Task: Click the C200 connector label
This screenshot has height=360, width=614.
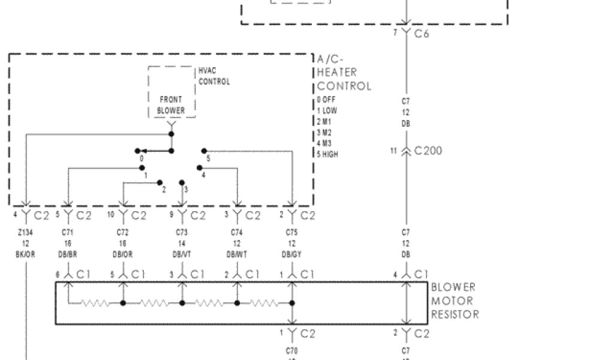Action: click(x=428, y=151)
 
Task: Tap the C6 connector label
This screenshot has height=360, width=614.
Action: click(x=422, y=34)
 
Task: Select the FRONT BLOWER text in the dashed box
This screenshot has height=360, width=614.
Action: click(x=171, y=105)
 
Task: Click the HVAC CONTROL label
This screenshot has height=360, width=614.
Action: click(x=214, y=76)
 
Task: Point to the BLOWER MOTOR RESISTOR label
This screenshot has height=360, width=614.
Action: click(x=454, y=301)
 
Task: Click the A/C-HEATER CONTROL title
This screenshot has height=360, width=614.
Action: click(x=344, y=73)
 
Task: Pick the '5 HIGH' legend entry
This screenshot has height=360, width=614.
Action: click(x=327, y=154)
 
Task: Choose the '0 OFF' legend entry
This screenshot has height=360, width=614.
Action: click(x=326, y=100)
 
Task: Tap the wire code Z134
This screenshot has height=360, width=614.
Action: click(x=25, y=232)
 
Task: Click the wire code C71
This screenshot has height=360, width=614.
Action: click(x=67, y=232)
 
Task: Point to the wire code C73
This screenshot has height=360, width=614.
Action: click(x=182, y=232)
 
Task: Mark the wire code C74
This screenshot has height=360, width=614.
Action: click(x=237, y=232)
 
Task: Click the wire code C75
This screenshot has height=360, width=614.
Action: click(x=292, y=232)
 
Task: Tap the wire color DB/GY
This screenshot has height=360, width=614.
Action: click(x=292, y=254)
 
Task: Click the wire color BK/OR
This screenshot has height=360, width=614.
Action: click(x=25, y=254)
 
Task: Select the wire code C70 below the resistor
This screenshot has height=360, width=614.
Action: click(x=292, y=350)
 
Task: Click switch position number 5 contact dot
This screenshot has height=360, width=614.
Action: click(x=204, y=151)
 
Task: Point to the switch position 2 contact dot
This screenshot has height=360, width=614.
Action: click(x=159, y=182)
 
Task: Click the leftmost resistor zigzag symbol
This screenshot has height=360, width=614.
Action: click(x=95, y=303)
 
